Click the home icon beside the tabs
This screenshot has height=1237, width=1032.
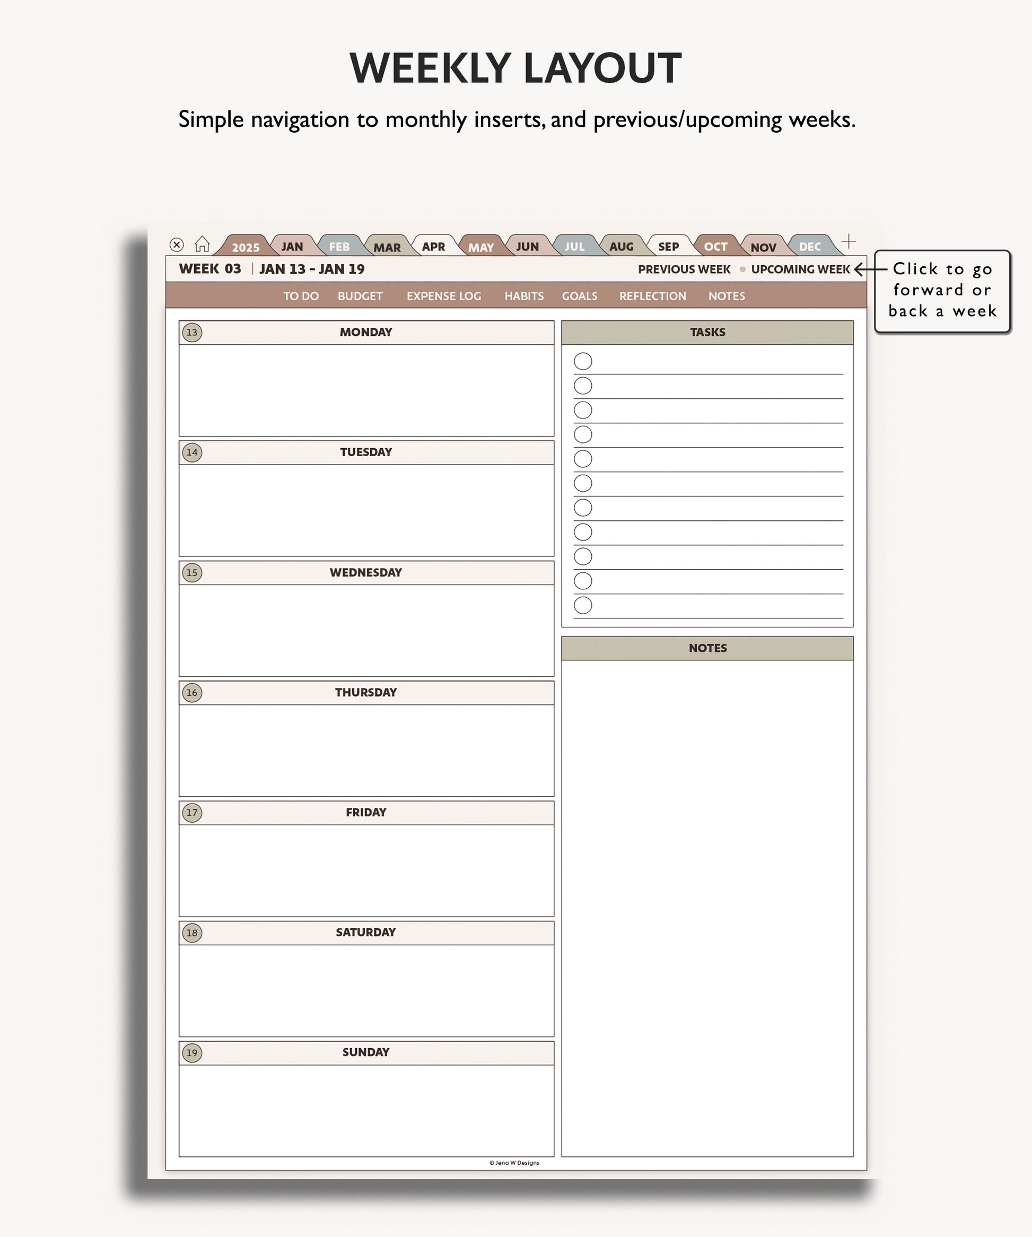point(202,244)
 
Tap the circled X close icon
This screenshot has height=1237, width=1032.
point(177,245)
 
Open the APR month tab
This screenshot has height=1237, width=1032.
point(433,247)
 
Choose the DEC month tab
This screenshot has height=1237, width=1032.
point(810,247)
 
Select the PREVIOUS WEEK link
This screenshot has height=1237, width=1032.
point(684,269)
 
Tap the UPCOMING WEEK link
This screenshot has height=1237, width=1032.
point(800,269)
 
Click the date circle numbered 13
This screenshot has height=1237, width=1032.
point(192,332)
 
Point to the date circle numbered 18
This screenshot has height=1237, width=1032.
point(192,933)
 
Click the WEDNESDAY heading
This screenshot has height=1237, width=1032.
point(366,572)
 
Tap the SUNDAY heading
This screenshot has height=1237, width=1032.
point(366,1052)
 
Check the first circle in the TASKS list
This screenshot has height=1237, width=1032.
point(583,361)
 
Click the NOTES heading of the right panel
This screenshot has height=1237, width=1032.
point(707,648)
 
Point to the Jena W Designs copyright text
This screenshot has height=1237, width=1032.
point(514,1163)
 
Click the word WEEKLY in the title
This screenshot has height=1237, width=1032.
point(431,68)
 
